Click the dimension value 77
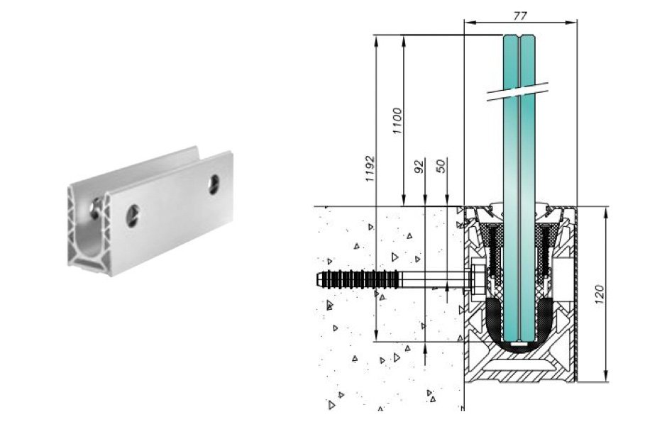[520, 16]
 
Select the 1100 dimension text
[397, 121]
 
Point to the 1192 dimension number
[370, 169]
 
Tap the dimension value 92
[419, 166]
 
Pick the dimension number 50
[441, 166]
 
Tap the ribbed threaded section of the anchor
[362, 280]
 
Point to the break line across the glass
[517, 91]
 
